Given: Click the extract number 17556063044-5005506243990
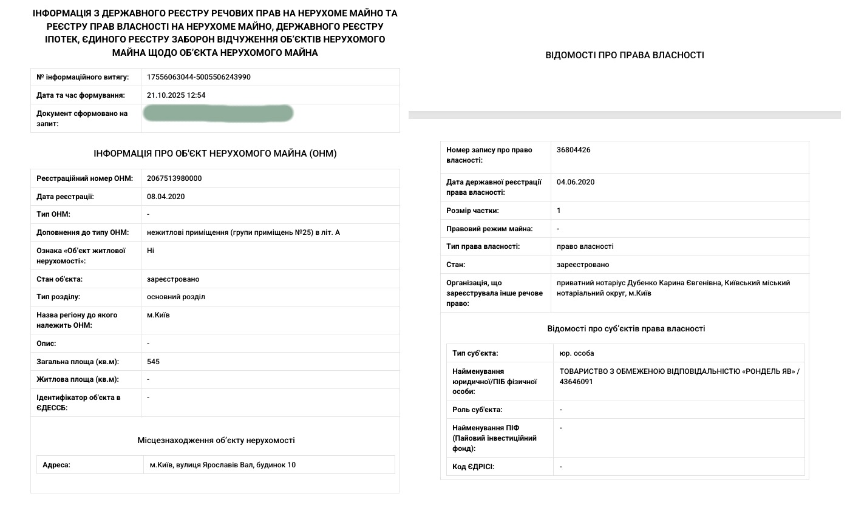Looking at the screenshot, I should click(199, 77).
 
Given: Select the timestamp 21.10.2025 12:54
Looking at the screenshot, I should click(176, 95).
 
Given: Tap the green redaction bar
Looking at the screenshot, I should click(219, 113).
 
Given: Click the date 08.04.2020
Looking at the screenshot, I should click(166, 197).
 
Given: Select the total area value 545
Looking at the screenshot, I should click(153, 362).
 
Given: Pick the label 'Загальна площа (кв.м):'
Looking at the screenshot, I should click(78, 362).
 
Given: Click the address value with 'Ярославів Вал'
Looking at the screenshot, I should click(223, 465).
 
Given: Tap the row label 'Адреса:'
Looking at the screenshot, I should click(56, 465).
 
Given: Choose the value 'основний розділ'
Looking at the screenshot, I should click(176, 297).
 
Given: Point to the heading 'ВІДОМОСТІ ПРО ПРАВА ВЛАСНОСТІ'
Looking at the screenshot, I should click(625, 55).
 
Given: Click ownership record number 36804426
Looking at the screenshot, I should click(574, 150).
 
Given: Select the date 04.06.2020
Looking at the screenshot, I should click(576, 182).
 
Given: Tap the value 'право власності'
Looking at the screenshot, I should click(585, 246).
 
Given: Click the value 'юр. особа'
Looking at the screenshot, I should click(577, 353).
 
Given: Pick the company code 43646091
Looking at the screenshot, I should click(576, 382).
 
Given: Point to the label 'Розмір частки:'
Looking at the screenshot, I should click(472, 211).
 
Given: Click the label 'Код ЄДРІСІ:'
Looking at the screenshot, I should click(474, 467).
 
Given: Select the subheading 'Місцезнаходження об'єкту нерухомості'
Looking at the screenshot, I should click(216, 440).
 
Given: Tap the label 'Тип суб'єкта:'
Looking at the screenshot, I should click(475, 353).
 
